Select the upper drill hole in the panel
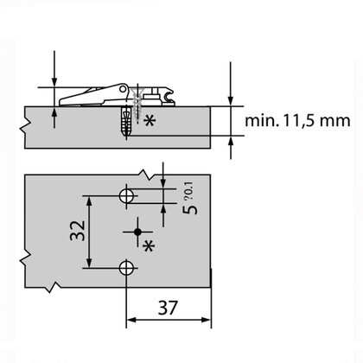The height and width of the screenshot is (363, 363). coord(127,196)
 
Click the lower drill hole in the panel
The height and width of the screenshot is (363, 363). coord(127,268)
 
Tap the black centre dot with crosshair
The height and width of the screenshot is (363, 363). coord(137,232)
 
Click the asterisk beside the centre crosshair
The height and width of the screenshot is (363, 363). coord(148,246)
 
